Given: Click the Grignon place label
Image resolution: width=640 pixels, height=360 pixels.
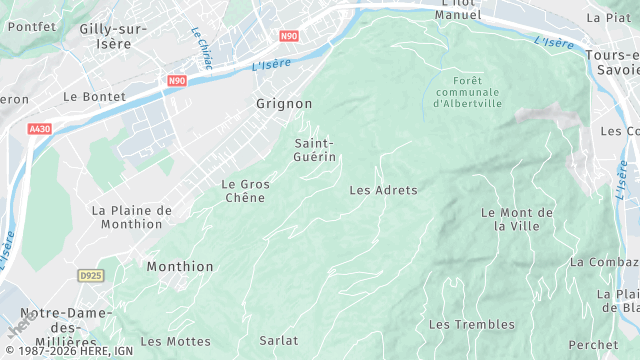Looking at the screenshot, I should tap(284, 104).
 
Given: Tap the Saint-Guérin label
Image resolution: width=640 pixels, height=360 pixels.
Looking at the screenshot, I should tap(314, 150).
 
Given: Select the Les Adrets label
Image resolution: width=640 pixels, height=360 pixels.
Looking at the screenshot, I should tap(383, 190).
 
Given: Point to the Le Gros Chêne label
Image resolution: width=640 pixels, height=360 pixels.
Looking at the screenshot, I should tap(244, 191).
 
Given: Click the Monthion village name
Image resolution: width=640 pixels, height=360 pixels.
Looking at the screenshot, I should tap(180, 267).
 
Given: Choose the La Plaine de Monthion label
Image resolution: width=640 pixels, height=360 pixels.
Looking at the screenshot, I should tap(132, 217).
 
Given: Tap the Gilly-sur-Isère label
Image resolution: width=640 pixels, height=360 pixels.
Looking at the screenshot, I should tap(113, 37).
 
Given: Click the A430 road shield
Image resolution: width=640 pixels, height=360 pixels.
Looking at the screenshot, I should tap(40, 129).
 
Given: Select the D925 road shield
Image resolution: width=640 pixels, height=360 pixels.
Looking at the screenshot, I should tap(91, 274).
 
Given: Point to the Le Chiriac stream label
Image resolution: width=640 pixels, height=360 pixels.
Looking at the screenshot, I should tap(201, 47).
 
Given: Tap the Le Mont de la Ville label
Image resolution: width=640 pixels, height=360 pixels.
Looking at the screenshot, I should tap(517, 219).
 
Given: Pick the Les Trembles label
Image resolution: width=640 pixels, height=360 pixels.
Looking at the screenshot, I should tap(472, 325).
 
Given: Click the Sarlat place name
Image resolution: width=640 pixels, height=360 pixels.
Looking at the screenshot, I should tap(278, 341).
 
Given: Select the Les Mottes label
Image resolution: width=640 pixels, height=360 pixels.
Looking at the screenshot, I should tap(175, 341).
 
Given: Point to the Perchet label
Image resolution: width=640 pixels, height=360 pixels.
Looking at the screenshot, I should tap(593, 345).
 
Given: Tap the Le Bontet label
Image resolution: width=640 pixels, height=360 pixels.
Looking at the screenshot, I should tap(94, 97).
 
